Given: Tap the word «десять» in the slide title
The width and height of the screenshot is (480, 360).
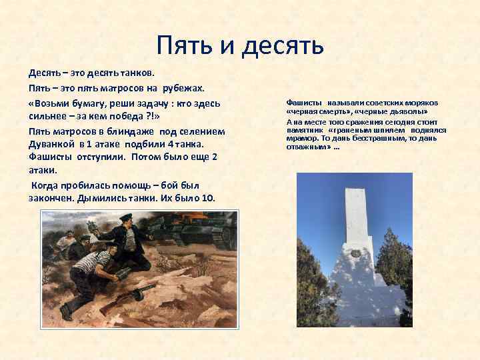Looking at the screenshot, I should (x=281, y=45).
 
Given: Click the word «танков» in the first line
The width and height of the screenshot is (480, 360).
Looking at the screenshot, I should (x=133, y=71).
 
